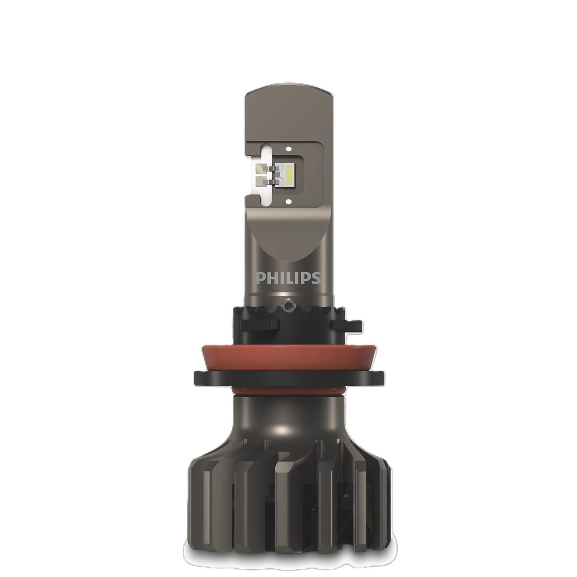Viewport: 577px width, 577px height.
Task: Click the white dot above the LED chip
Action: point(288,148)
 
